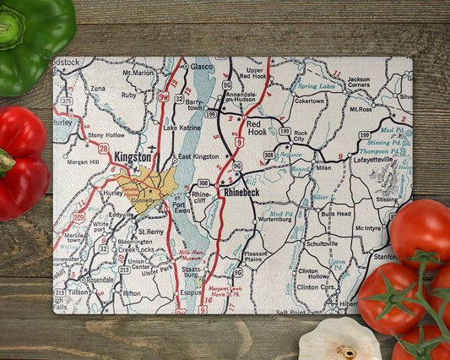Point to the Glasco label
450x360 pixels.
click(201, 67)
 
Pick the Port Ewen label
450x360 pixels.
click(184, 207)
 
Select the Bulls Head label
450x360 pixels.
click(336, 215)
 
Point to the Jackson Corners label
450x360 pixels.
click(358, 82)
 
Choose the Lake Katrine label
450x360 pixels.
click(182, 128)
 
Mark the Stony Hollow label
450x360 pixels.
click(106, 134)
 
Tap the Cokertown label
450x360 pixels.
click(309, 101)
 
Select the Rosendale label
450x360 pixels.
click(98, 279)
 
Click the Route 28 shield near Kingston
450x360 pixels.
click(103, 148)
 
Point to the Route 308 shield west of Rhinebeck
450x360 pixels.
click(203, 183)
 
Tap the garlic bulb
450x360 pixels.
click(339, 340)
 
